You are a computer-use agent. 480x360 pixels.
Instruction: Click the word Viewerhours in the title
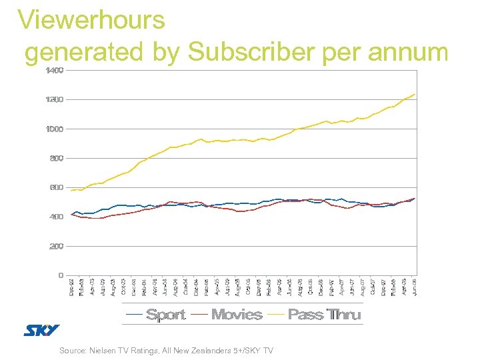[91, 20]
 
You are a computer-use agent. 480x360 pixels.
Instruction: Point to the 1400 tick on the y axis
[55, 70]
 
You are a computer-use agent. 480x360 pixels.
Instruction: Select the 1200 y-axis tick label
[55, 99]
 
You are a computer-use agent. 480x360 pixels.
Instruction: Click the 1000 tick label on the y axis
[55, 129]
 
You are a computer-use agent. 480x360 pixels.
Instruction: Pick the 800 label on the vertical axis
[56, 158]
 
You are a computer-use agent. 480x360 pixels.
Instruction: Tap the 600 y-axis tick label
[56, 187]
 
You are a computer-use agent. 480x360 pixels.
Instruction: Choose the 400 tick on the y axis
[56, 217]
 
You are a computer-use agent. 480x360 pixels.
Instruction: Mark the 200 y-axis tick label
[56, 246]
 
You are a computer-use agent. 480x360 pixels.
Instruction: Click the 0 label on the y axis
[61, 275]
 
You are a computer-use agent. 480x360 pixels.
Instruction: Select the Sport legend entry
[165, 314]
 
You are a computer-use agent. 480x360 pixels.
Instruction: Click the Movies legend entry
[236, 314]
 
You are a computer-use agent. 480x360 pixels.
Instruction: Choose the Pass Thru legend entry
[324, 314]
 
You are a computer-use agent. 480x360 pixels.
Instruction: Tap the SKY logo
[41, 330]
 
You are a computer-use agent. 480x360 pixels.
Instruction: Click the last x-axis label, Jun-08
[415, 287]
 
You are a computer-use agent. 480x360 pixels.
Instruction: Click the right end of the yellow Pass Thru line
[415, 95]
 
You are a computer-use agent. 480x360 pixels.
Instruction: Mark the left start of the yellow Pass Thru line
[71, 191]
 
